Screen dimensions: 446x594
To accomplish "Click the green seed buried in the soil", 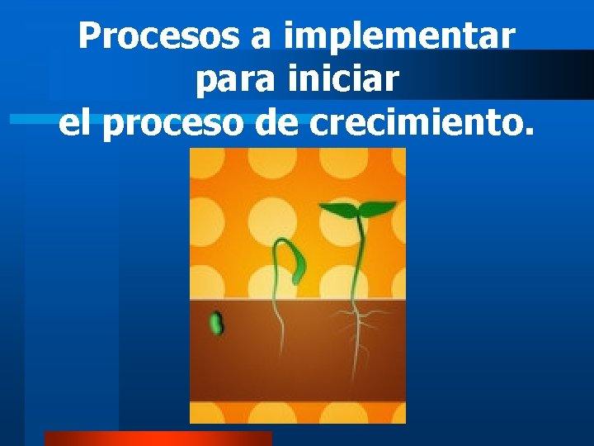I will point(216,323).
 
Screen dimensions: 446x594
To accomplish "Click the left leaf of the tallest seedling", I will point(338,210).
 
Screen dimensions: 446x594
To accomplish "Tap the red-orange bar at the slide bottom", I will point(157,439).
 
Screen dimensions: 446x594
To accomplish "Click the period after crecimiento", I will point(528,132).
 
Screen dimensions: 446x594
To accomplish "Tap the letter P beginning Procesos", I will point(88,36).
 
